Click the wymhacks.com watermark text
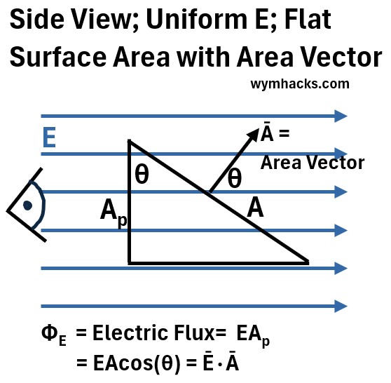coord(300,84)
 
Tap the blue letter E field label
coord(49,137)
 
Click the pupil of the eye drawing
coord(27,206)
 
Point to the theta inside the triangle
coord(142,175)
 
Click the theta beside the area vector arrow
coord(235,177)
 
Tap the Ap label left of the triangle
coord(114,213)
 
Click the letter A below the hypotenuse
coord(255,207)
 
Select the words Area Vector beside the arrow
coord(313,163)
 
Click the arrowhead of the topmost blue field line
coord(341,116)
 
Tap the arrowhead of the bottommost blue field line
coord(341,306)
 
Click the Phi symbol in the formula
coord(50,332)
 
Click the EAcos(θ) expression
coord(137,363)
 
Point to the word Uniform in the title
coord(196,19)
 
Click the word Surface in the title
coord(58,57)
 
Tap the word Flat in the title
coord(308,19)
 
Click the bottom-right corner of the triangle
coord(309,262)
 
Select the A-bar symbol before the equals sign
coord(267,132)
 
